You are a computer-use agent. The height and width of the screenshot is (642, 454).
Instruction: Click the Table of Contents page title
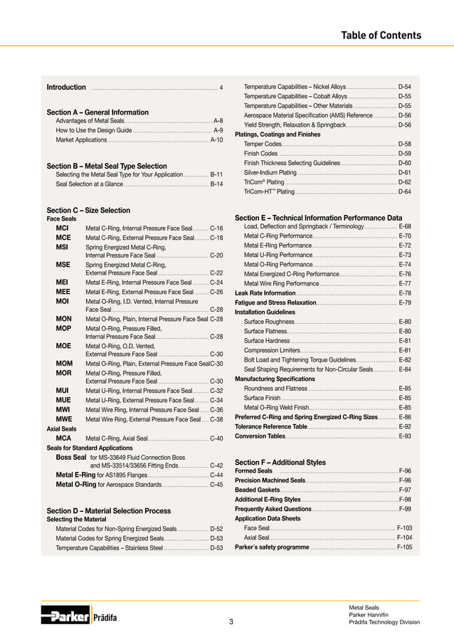(381, 36)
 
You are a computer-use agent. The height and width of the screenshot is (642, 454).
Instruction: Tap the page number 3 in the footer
(231, 622)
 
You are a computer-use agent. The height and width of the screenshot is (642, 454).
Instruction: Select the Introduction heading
(66, 88)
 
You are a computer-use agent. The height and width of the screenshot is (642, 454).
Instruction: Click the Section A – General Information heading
(97, 112)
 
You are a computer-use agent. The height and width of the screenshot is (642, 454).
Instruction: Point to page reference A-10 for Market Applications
(216, 140)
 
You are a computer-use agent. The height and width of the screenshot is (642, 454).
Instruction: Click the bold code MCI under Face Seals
(63, 228)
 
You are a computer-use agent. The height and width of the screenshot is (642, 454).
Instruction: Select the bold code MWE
(63, 420)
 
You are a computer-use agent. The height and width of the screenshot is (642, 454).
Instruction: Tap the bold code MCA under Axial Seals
(63, 438)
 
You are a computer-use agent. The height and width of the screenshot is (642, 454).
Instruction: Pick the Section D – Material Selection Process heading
(108, 511)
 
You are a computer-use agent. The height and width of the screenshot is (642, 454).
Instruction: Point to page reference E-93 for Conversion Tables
(405, 436)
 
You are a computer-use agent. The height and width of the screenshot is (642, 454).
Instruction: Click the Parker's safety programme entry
(272, 547)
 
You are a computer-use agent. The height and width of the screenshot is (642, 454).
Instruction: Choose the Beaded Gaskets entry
(258, 490)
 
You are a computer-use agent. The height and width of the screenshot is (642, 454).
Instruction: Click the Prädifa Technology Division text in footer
(384, 622)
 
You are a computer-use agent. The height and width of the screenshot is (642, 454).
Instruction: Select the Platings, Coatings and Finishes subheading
(278, 134)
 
